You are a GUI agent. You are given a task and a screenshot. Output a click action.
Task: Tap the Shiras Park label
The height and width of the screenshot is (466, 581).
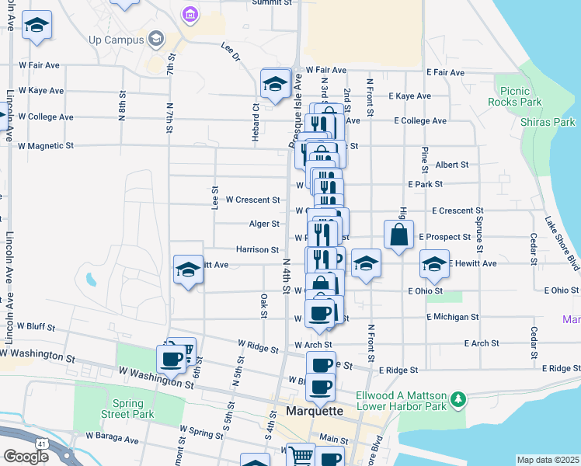tap(548, 122)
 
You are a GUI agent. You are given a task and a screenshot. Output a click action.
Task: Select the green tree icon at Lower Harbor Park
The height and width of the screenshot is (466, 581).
tap(459, 399)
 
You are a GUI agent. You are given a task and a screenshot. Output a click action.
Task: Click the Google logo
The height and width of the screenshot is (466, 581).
tap(26, 457)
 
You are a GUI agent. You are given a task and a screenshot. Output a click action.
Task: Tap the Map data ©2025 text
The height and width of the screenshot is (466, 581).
tap(548, 460)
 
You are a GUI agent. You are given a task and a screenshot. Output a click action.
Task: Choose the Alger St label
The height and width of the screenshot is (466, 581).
tap(264, 224)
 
